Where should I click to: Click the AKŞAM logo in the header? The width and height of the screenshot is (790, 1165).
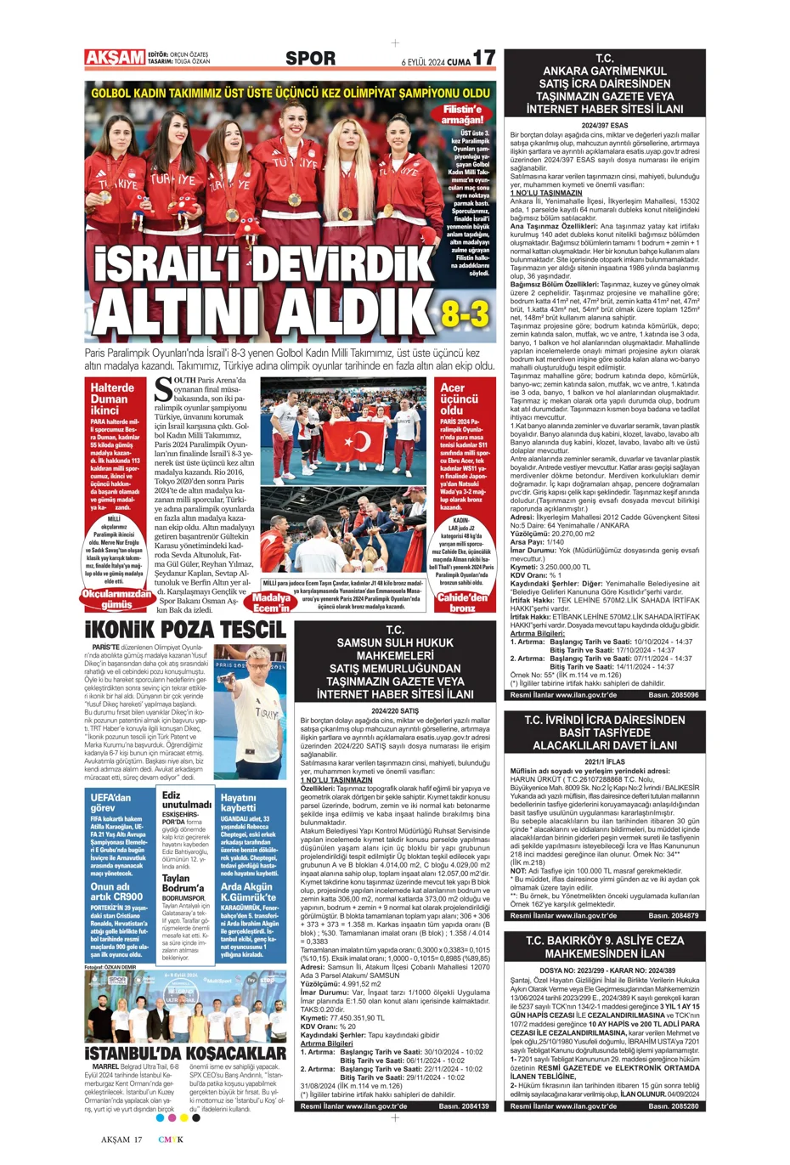[115, 58]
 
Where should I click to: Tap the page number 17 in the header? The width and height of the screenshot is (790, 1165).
[483, 58]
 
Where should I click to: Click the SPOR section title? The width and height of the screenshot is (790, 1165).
[310, 59]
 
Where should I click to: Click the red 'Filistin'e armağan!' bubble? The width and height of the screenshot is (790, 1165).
[462, 115]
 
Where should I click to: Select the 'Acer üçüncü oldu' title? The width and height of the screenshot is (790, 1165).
[460, 399]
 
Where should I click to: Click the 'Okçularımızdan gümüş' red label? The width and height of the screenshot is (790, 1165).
[117, 599]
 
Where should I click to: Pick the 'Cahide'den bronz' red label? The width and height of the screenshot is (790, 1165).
[462, 602]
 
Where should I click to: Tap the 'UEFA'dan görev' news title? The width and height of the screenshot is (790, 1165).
[110, 802]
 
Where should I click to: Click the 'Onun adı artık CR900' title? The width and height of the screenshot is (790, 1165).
[116, 891]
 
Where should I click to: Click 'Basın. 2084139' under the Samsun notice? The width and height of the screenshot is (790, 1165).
[464, 1106]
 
